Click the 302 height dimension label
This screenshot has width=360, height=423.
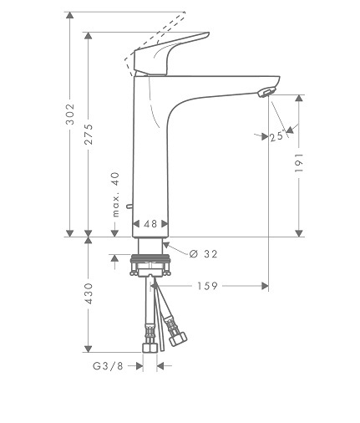[x=70, y=114]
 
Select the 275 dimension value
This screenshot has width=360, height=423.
[x=89, y=135]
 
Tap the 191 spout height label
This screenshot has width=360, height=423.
[x=299, y=162]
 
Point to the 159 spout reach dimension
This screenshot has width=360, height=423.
[x=207, y=286]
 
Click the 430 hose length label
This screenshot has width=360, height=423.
[x=89, y=293]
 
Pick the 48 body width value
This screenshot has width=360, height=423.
[x=150, y=224]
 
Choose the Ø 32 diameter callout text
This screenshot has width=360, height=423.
[x=204, y=254]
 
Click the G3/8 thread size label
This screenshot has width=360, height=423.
[x=108, y=366]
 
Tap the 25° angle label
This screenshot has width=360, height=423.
[x=277, y=136]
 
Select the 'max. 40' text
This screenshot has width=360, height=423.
[x=115, y=195]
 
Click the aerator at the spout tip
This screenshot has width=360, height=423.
[x=266, y=92]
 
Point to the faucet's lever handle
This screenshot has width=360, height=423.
[x=170, y=54]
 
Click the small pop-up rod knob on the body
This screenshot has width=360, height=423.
[x=129, y=206]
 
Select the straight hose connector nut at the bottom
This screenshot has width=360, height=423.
[x=150, y=348]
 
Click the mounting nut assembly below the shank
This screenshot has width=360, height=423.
[x=150, y=265]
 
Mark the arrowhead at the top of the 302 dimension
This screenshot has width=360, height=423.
[x=70, y=15]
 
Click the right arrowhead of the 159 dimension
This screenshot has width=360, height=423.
[x=265, y=286]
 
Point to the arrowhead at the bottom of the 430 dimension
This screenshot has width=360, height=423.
[x=89, y=349]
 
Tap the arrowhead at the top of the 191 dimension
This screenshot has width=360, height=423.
[x=299, y=98]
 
